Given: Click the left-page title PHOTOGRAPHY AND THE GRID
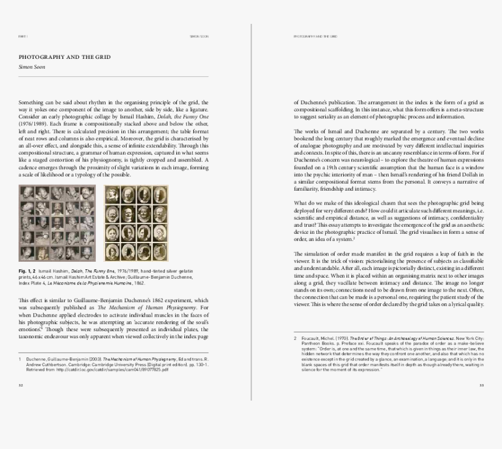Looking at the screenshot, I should (65, 57).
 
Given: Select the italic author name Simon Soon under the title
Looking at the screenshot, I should (32, 67).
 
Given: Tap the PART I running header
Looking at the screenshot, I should (23, 36).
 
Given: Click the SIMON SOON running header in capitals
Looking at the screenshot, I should (199, 36).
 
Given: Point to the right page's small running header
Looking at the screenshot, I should (315, 36).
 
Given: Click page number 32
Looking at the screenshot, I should (21, 385).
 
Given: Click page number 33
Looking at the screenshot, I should (482, 385).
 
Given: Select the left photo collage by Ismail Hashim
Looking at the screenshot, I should (57, 223).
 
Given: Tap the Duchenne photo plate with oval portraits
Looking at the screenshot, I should (136, 223).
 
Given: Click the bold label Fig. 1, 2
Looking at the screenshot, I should (27, 272).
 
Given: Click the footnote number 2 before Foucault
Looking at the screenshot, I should (295, 338).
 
